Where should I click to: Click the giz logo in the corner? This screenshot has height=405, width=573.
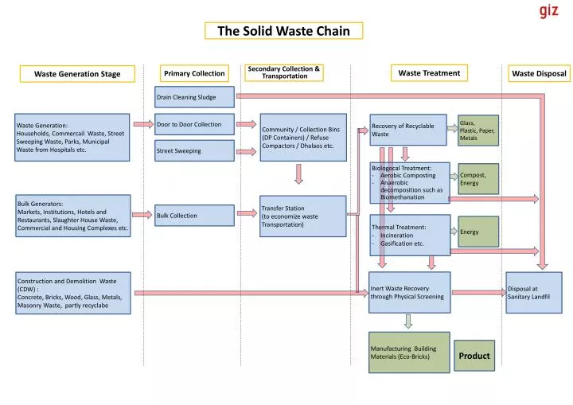548,10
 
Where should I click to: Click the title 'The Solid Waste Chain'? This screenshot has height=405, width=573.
284,31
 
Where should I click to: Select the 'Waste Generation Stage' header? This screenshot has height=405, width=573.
78,74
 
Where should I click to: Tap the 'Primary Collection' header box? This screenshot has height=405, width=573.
194,73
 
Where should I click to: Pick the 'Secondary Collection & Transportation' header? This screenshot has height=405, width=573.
284,72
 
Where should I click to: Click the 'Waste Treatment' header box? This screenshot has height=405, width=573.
429,72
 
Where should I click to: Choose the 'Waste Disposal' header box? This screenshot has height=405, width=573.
539,73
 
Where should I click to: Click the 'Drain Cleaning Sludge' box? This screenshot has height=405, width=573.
195,97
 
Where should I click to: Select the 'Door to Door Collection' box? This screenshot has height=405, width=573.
195,124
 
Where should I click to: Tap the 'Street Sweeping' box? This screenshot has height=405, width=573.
195,150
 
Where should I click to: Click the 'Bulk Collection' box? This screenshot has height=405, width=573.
195,216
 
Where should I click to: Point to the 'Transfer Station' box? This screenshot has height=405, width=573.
303,216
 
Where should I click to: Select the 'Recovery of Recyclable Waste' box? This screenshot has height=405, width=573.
408,130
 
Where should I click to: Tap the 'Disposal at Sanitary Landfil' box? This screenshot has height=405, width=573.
534,293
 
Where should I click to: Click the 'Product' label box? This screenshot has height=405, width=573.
474,356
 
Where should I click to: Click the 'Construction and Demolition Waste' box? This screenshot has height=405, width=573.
72,293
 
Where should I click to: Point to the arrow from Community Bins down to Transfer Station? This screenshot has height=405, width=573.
298,174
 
